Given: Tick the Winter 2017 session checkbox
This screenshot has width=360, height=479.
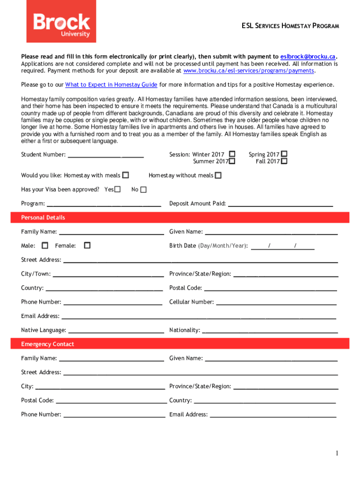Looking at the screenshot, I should [232, 154].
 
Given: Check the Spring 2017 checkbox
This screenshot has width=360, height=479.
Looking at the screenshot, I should [284, 154].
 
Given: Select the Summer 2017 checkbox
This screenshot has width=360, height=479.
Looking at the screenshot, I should [232, 161].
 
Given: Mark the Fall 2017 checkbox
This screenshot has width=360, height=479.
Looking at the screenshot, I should [284, 161].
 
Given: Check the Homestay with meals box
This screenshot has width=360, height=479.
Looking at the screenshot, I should [125, 175].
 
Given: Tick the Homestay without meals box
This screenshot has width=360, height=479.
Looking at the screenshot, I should [218, 175].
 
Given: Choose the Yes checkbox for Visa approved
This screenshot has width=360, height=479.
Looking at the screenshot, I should [117, 189].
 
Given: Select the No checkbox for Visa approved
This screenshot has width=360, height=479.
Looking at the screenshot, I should [143, 189].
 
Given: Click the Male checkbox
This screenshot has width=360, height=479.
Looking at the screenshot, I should [45, 245].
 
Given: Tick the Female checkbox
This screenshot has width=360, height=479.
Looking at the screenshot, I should [87, 245].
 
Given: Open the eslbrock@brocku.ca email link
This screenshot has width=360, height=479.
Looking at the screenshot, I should [308, 56].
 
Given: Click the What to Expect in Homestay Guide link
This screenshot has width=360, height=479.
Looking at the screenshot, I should [111, 85].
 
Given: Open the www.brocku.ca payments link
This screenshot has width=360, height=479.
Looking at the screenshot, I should [248, 71].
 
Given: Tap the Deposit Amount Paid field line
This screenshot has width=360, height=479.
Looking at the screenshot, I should [280, 205].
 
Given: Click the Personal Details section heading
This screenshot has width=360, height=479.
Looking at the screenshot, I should [43, 218].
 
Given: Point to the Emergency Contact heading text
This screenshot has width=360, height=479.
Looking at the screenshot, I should [48, 344].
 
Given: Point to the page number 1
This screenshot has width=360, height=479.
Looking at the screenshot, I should [336, 453].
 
